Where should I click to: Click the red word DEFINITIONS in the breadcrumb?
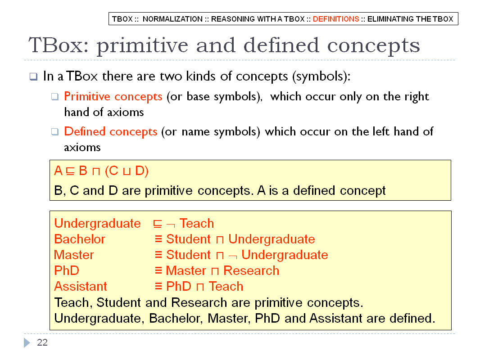click(336, 19)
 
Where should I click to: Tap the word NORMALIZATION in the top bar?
click(172, 19)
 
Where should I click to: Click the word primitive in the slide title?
click(142, 45)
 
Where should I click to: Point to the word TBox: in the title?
click(58, 45)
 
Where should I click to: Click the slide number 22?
click(42, 342)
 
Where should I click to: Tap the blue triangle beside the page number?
click(27, 342)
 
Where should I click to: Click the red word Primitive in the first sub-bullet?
click(87, 96)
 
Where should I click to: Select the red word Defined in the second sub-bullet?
click(85, 131)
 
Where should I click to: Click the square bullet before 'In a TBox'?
click(33, 76)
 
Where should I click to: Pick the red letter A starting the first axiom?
click(58, 171)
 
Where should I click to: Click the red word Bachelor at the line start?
click(80, 239)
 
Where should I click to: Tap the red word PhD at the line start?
click(67, 270)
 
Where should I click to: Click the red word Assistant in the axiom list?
click(81, 286)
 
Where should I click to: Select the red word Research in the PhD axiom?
click(251, 270)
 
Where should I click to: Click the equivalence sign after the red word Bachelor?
click(158, 239)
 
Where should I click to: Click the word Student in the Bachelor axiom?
click(188, 239)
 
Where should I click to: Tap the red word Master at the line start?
click(74, 255)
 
